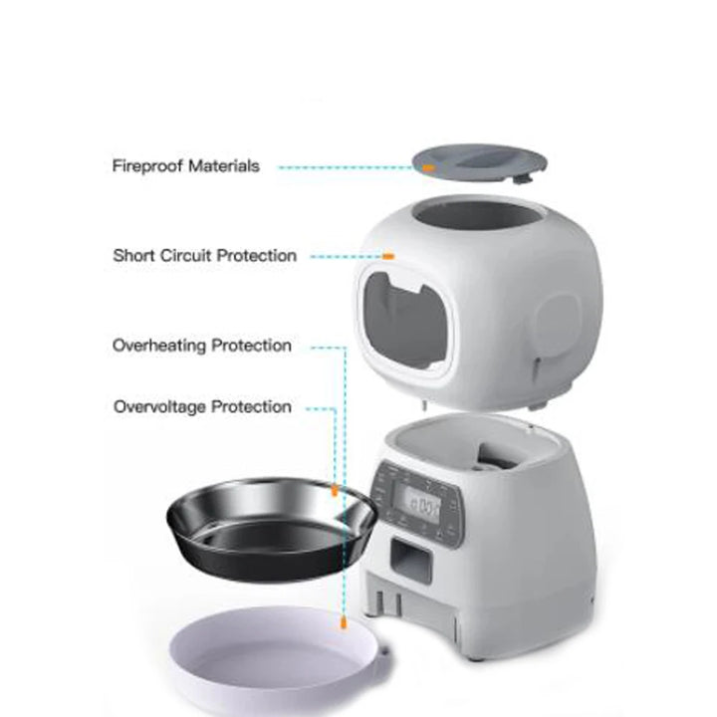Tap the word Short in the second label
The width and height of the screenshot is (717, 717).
(x=134, y=256)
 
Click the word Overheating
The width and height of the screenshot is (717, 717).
(x=158, y=347)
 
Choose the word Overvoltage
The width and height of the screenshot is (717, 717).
(x=159, y=407)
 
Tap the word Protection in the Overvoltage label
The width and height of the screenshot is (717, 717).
(x=252, y=407)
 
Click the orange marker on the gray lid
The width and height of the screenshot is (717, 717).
(x=428, y=168)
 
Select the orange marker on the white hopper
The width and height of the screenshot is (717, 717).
(x=389, y=256)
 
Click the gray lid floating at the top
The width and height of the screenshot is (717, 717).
(x=478, y=163)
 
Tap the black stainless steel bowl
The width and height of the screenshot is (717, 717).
(x=269, y=528)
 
